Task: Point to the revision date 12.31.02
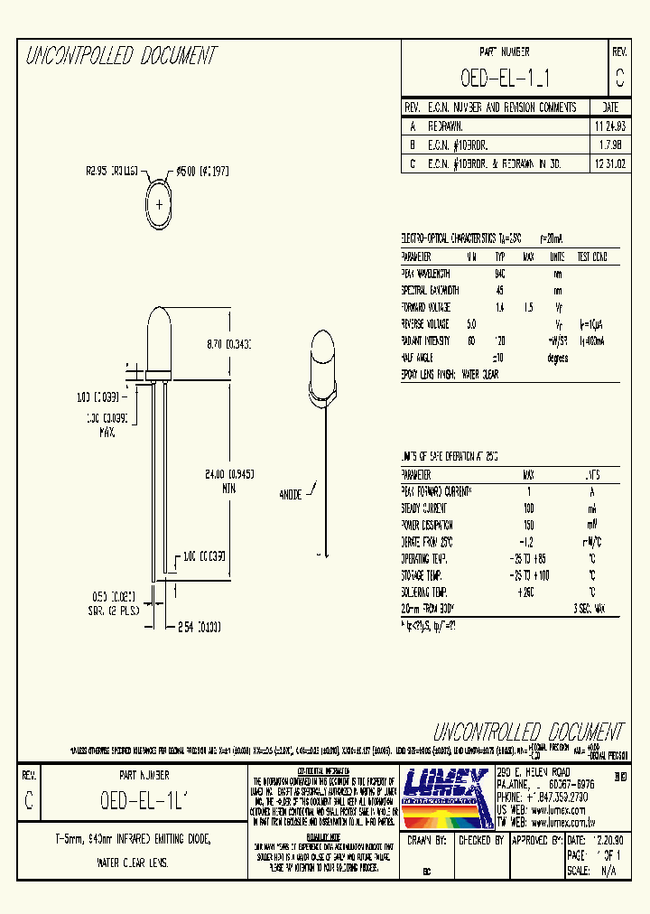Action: pos(610,164)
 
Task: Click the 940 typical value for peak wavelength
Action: pos(499,274)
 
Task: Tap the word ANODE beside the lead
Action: pos(292,494)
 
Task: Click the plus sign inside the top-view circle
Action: pos(160,204)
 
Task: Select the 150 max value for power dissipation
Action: pos(529,525)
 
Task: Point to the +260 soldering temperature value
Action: pos(527,592)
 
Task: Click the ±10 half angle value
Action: pos(498,359)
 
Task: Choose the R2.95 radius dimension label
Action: pos(111,169)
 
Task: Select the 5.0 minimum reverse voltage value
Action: pos(470,324)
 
